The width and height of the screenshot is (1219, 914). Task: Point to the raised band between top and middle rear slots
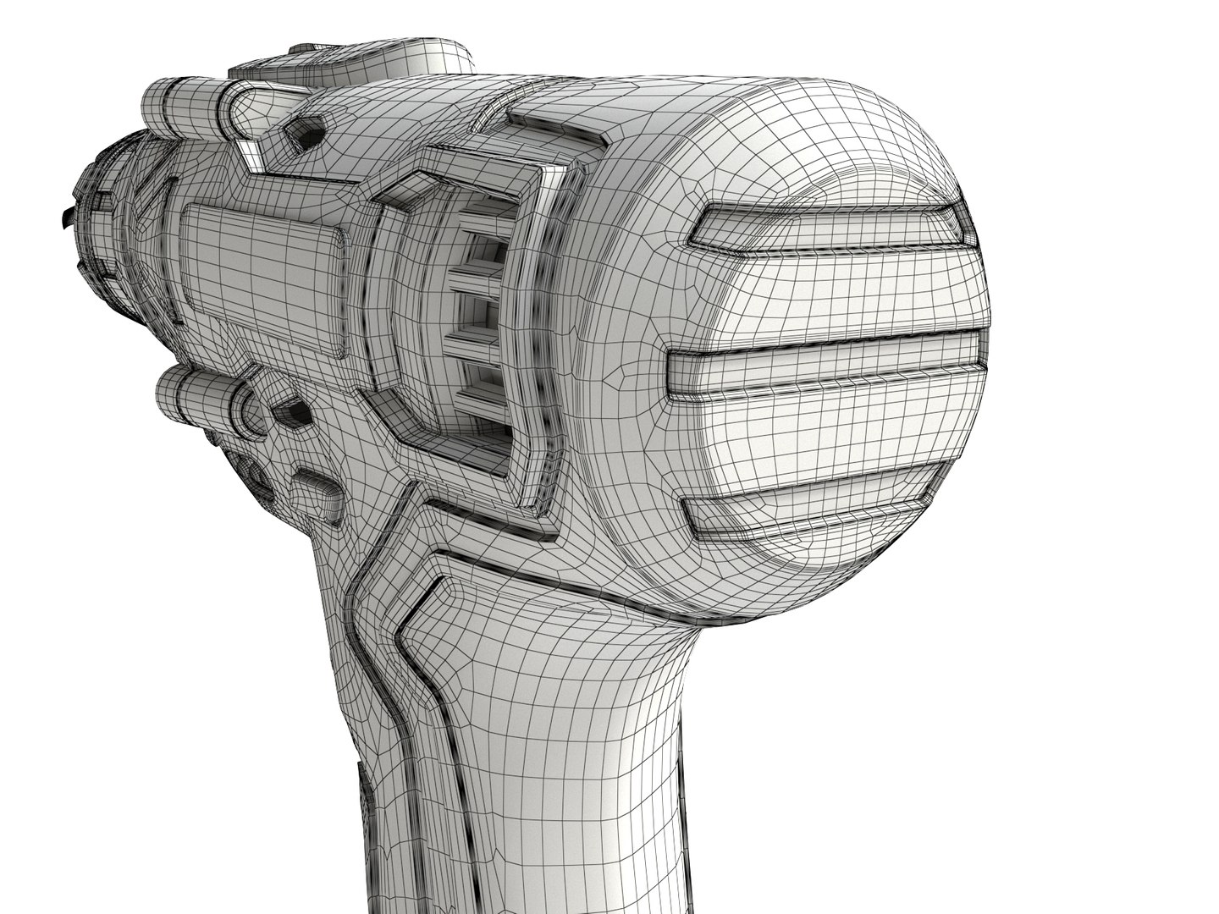click(847, 292)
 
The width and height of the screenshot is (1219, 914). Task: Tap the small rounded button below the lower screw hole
click(317, 491)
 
